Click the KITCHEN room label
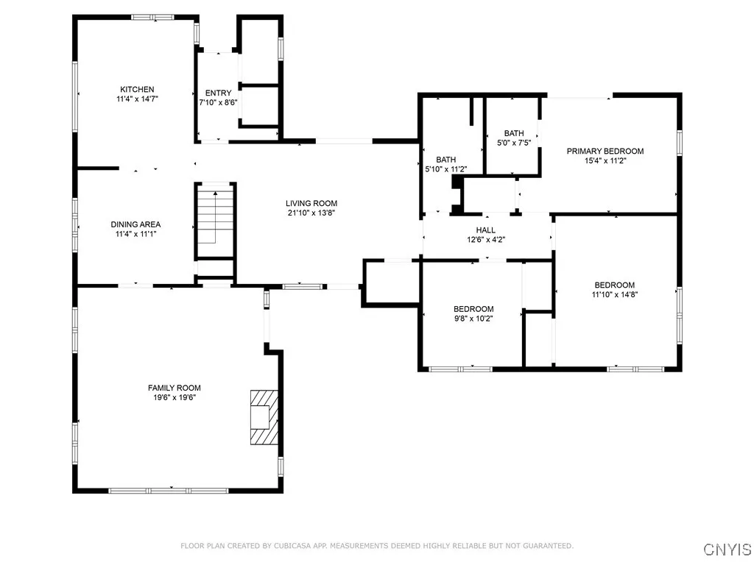click(137, 90)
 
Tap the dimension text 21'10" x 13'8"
click(311, 213)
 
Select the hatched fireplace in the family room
click(261, 416)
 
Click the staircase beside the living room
click(215, 217)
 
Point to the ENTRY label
click(218, 93)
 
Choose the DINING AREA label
click(135, 224)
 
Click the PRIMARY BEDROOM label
click(605, 152)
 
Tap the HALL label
click(485, 230)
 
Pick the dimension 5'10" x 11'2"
click(446, 169)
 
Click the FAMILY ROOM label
click(174, 388)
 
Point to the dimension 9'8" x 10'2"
click(473, 319)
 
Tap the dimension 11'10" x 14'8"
click(615, 294)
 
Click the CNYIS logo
click(727, 549)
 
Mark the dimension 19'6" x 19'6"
click(174, 397)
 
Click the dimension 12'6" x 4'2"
click(485, 239)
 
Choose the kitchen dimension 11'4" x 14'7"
click(137, 99)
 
